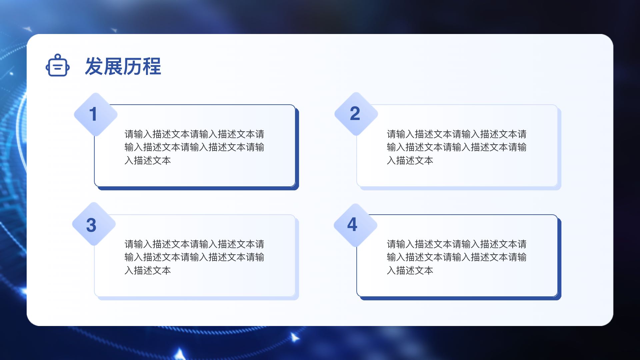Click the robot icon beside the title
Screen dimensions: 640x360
58,65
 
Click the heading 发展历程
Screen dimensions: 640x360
123,66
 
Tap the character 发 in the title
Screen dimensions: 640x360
94,66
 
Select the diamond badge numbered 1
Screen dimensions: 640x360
96,114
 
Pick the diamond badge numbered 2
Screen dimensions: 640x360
356,114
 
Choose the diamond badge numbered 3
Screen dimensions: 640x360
94,224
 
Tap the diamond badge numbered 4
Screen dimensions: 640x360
356,225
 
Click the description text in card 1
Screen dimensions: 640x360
194,147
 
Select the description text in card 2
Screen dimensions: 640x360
457,147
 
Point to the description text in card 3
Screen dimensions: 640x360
194,257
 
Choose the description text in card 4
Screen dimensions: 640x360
457,257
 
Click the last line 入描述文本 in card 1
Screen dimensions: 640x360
148,161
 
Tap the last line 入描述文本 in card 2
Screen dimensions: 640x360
410,161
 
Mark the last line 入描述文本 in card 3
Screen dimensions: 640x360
148,271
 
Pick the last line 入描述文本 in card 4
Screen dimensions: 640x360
410,271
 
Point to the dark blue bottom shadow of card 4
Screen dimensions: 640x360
460,298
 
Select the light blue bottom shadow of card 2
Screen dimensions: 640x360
460,188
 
